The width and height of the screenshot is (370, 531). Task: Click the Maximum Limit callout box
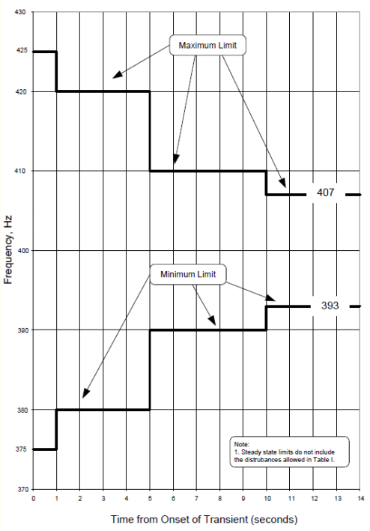207,45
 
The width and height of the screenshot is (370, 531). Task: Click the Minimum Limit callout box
188,274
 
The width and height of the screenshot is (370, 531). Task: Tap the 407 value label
325,192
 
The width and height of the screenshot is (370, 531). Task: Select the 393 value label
330,306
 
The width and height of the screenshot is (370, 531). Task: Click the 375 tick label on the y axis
20,449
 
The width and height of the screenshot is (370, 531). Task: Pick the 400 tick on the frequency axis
20,250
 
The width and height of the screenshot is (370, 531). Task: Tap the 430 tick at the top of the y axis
20,12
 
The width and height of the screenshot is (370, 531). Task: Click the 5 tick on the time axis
150,499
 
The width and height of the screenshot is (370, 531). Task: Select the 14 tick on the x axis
360,499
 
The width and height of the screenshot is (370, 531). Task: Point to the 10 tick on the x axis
267,499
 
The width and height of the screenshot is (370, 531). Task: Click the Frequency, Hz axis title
7,250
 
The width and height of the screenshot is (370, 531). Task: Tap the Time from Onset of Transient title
204,519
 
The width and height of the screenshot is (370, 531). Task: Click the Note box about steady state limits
289,452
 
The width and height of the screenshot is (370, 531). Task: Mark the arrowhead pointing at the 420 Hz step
117,75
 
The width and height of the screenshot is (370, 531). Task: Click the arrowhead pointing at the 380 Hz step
86,393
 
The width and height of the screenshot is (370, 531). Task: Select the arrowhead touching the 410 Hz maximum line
176,159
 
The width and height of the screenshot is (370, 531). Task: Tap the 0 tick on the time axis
33,499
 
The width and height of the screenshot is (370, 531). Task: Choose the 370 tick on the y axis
20,489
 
